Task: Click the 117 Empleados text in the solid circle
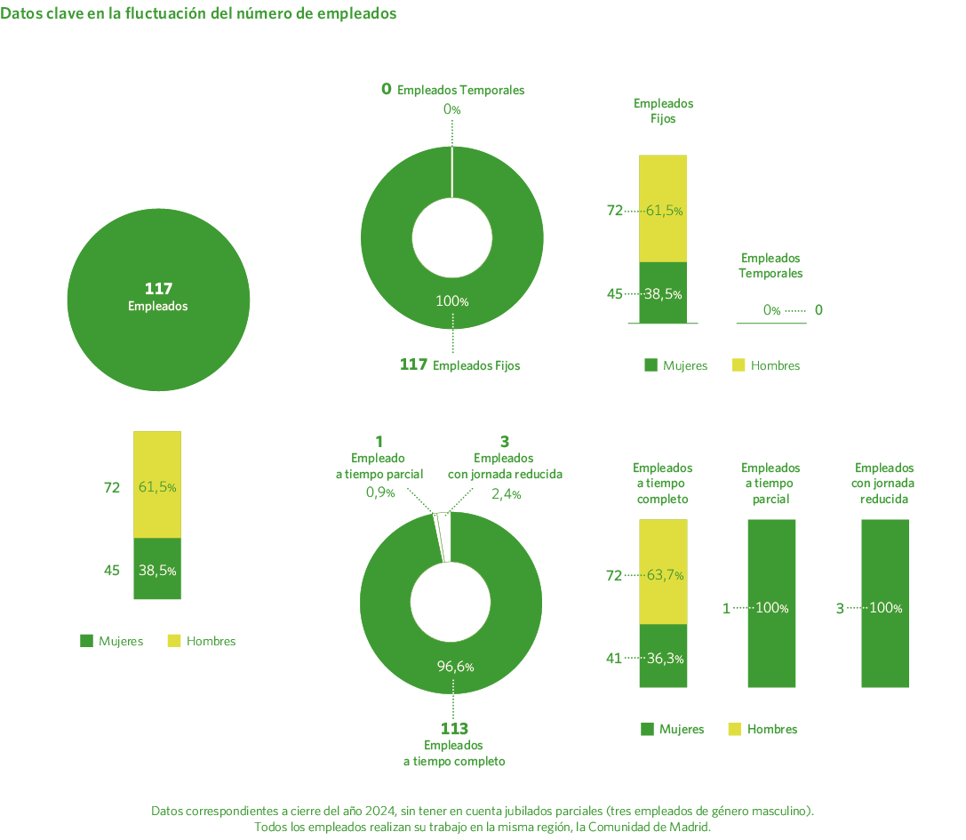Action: [x=157, y=297]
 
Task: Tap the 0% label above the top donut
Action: [x=452, y=109]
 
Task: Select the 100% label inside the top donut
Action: [x=452, y=301]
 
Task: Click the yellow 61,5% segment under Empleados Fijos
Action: [x=663, y=210]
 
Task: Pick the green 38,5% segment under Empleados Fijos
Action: [x=663, y=293]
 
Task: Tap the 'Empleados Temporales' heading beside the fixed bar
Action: [x=770, y=265]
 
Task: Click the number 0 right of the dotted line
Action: [x=818, y=310]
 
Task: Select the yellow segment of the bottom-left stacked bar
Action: [x=157, y=485]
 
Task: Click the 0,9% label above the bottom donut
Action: [x=379, y=493]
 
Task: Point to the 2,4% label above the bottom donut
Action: [x=506, y=494]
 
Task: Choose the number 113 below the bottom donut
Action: [x=454, y=729]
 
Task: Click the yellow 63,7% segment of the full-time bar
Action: [x=663, y=573]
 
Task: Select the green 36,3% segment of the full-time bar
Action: [x=663, y=658]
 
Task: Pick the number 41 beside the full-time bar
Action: [x=613, y=659]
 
